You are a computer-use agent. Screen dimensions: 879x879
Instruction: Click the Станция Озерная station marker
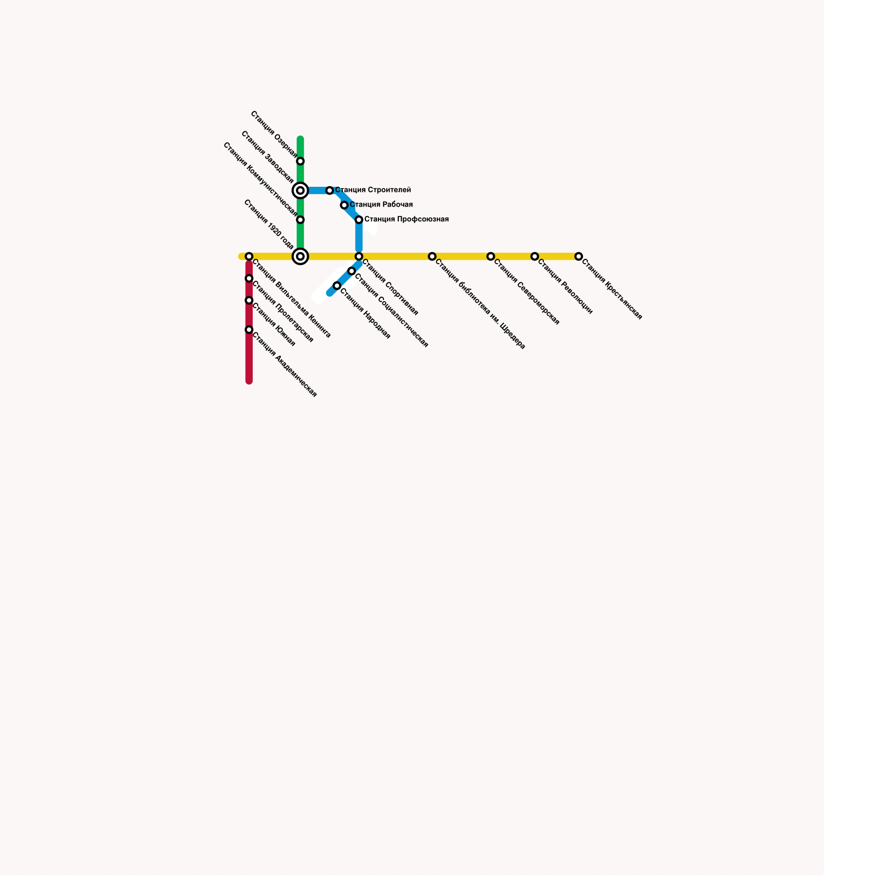click(301, 162)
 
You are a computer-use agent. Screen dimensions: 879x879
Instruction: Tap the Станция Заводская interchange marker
click(301, 191)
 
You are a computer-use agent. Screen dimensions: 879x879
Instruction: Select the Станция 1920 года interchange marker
click(301, 257)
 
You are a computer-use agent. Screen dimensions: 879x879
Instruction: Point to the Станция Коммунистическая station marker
click(301, 220)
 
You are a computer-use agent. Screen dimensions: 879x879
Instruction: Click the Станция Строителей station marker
click(330, 191)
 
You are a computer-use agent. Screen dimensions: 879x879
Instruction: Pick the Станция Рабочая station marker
click(344, 205)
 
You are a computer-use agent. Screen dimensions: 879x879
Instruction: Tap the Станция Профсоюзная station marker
click(359, 220)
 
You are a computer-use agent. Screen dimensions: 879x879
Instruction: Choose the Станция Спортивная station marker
click(359, 257)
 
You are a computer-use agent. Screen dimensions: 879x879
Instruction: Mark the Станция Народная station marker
click(337, 286)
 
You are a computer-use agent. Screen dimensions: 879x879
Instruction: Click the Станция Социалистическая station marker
click(352, 271)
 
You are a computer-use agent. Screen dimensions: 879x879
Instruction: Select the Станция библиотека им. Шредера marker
click(432, 257)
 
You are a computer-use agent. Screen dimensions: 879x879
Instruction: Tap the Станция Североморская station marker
click(491, 257)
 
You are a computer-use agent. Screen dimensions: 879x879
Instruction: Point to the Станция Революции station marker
click(535, 257)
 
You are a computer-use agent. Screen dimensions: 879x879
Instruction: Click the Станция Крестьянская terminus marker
click(578, 257)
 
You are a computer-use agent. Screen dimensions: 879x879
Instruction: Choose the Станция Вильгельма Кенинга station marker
click(249, 257)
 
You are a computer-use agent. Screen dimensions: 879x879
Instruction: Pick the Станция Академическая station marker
click(249, 330)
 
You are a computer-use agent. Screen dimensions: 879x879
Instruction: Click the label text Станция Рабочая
click(381, 205)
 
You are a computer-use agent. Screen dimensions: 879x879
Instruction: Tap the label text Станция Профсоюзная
click(407, 220)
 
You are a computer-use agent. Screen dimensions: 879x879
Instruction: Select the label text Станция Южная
click(274, 325)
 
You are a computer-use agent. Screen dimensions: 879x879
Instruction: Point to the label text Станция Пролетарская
click(282, 311)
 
